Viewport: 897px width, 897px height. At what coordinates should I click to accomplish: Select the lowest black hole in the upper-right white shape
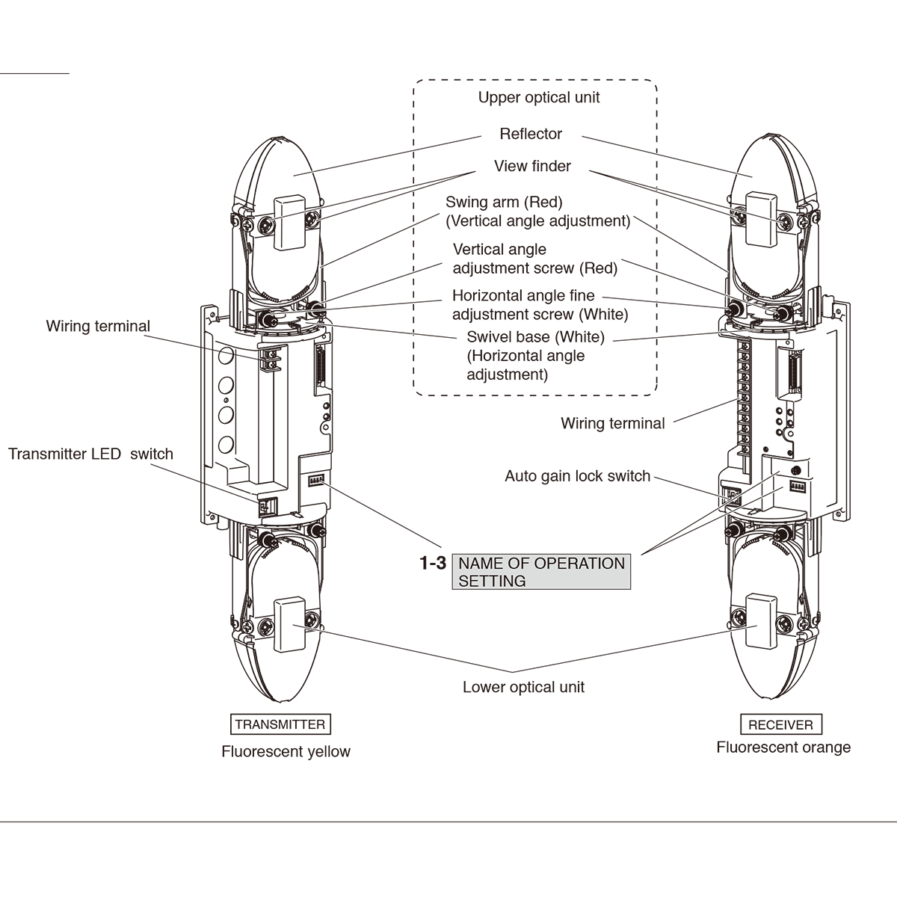(655, 320)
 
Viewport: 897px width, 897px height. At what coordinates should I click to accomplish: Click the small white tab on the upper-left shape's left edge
(293, 171)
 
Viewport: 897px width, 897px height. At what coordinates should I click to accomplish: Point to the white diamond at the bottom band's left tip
(295, 625)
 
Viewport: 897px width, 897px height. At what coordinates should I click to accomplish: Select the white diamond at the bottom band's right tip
(755, 625)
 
